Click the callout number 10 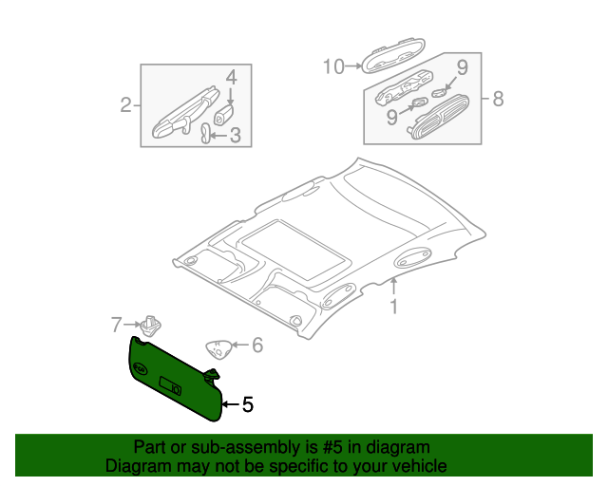point(333,66)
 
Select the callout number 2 point(125,105)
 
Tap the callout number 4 point(231,78)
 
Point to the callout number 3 point(236,135)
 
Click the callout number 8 point(498,99)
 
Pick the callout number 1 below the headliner point(394,307)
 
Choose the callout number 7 point(117,325)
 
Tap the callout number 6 point(257,345)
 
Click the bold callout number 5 point(248,404)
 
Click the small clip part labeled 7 point(150,326)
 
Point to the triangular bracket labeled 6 point(218,349)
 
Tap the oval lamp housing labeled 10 point(393,56)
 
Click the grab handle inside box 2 point(186,113)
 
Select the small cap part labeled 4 point(224,114)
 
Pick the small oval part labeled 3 point(205,133)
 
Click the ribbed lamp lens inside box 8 point(439,117)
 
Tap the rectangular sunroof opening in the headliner point(294,250)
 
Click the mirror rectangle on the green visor point(170,386)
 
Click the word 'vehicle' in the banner point(424,465)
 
